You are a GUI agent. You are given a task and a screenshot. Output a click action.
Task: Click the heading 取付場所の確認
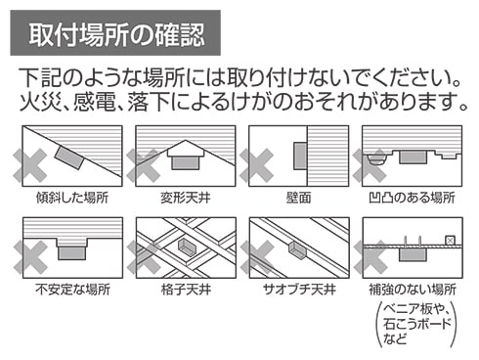117,34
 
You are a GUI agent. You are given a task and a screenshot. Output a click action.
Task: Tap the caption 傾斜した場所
72,198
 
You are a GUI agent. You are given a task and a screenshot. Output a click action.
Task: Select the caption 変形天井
186,198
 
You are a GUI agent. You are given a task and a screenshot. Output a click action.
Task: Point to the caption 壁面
298,198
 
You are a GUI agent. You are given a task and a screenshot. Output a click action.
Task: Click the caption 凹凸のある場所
412,198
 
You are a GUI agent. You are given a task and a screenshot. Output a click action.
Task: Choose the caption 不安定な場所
72,290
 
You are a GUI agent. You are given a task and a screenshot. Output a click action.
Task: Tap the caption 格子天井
186,290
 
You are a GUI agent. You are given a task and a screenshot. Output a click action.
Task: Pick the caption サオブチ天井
299,290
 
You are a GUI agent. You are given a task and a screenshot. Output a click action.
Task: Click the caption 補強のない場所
413,290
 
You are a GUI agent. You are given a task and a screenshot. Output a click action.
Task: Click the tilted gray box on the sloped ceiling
69,157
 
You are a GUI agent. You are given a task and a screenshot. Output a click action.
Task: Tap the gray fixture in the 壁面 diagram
300,156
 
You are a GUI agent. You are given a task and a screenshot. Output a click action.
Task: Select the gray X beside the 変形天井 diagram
143,165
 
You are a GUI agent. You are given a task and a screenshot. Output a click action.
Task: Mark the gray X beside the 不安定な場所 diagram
30,257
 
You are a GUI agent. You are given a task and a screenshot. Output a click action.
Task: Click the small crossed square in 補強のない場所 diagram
450,241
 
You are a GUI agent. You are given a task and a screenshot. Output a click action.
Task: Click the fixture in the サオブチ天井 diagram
297,250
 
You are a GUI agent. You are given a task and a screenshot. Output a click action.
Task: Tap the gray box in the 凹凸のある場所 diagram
413,157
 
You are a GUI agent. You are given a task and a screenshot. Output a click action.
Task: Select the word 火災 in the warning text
41,102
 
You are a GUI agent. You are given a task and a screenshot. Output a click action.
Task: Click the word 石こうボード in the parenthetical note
417,324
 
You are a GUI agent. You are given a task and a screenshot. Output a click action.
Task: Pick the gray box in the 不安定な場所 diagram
72,253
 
